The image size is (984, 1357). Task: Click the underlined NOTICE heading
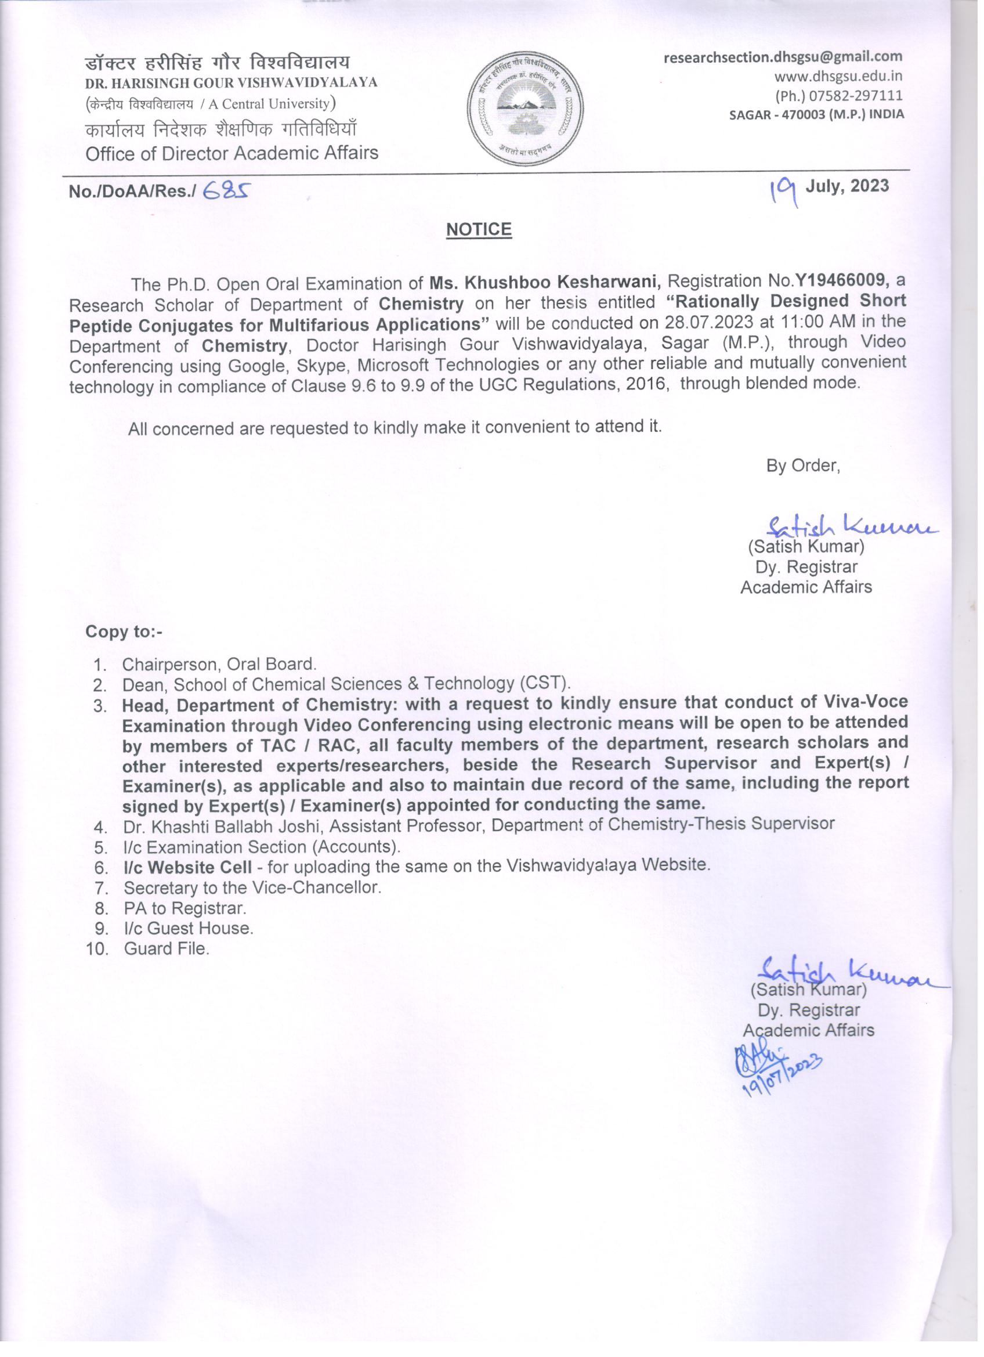point(479,230)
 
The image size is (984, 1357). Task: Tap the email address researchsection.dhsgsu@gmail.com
point(783,57)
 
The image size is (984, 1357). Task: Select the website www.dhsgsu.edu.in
point(838,76)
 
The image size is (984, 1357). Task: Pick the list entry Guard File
point(167,948)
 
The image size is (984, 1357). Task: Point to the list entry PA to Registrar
point(185,908)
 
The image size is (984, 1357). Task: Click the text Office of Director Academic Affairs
point(232,153)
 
